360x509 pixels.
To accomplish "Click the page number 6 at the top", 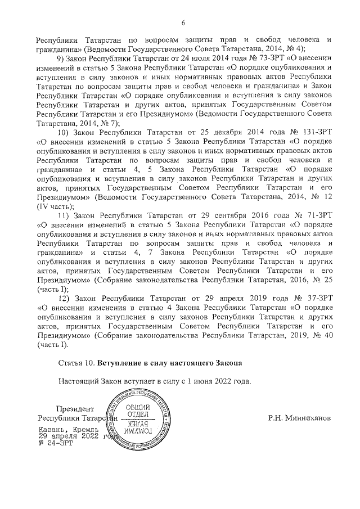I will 183,22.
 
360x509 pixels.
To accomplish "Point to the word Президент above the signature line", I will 75,409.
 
